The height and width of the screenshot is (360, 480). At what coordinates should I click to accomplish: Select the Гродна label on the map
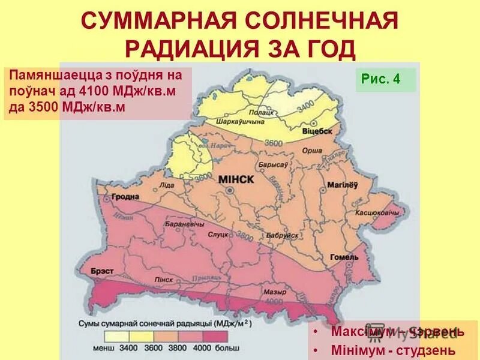click(x=124, y=197)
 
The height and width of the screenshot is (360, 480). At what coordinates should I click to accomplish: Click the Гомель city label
click(x=344, y=257)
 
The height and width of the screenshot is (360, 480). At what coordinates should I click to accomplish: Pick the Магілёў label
click(x=342, y=184)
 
